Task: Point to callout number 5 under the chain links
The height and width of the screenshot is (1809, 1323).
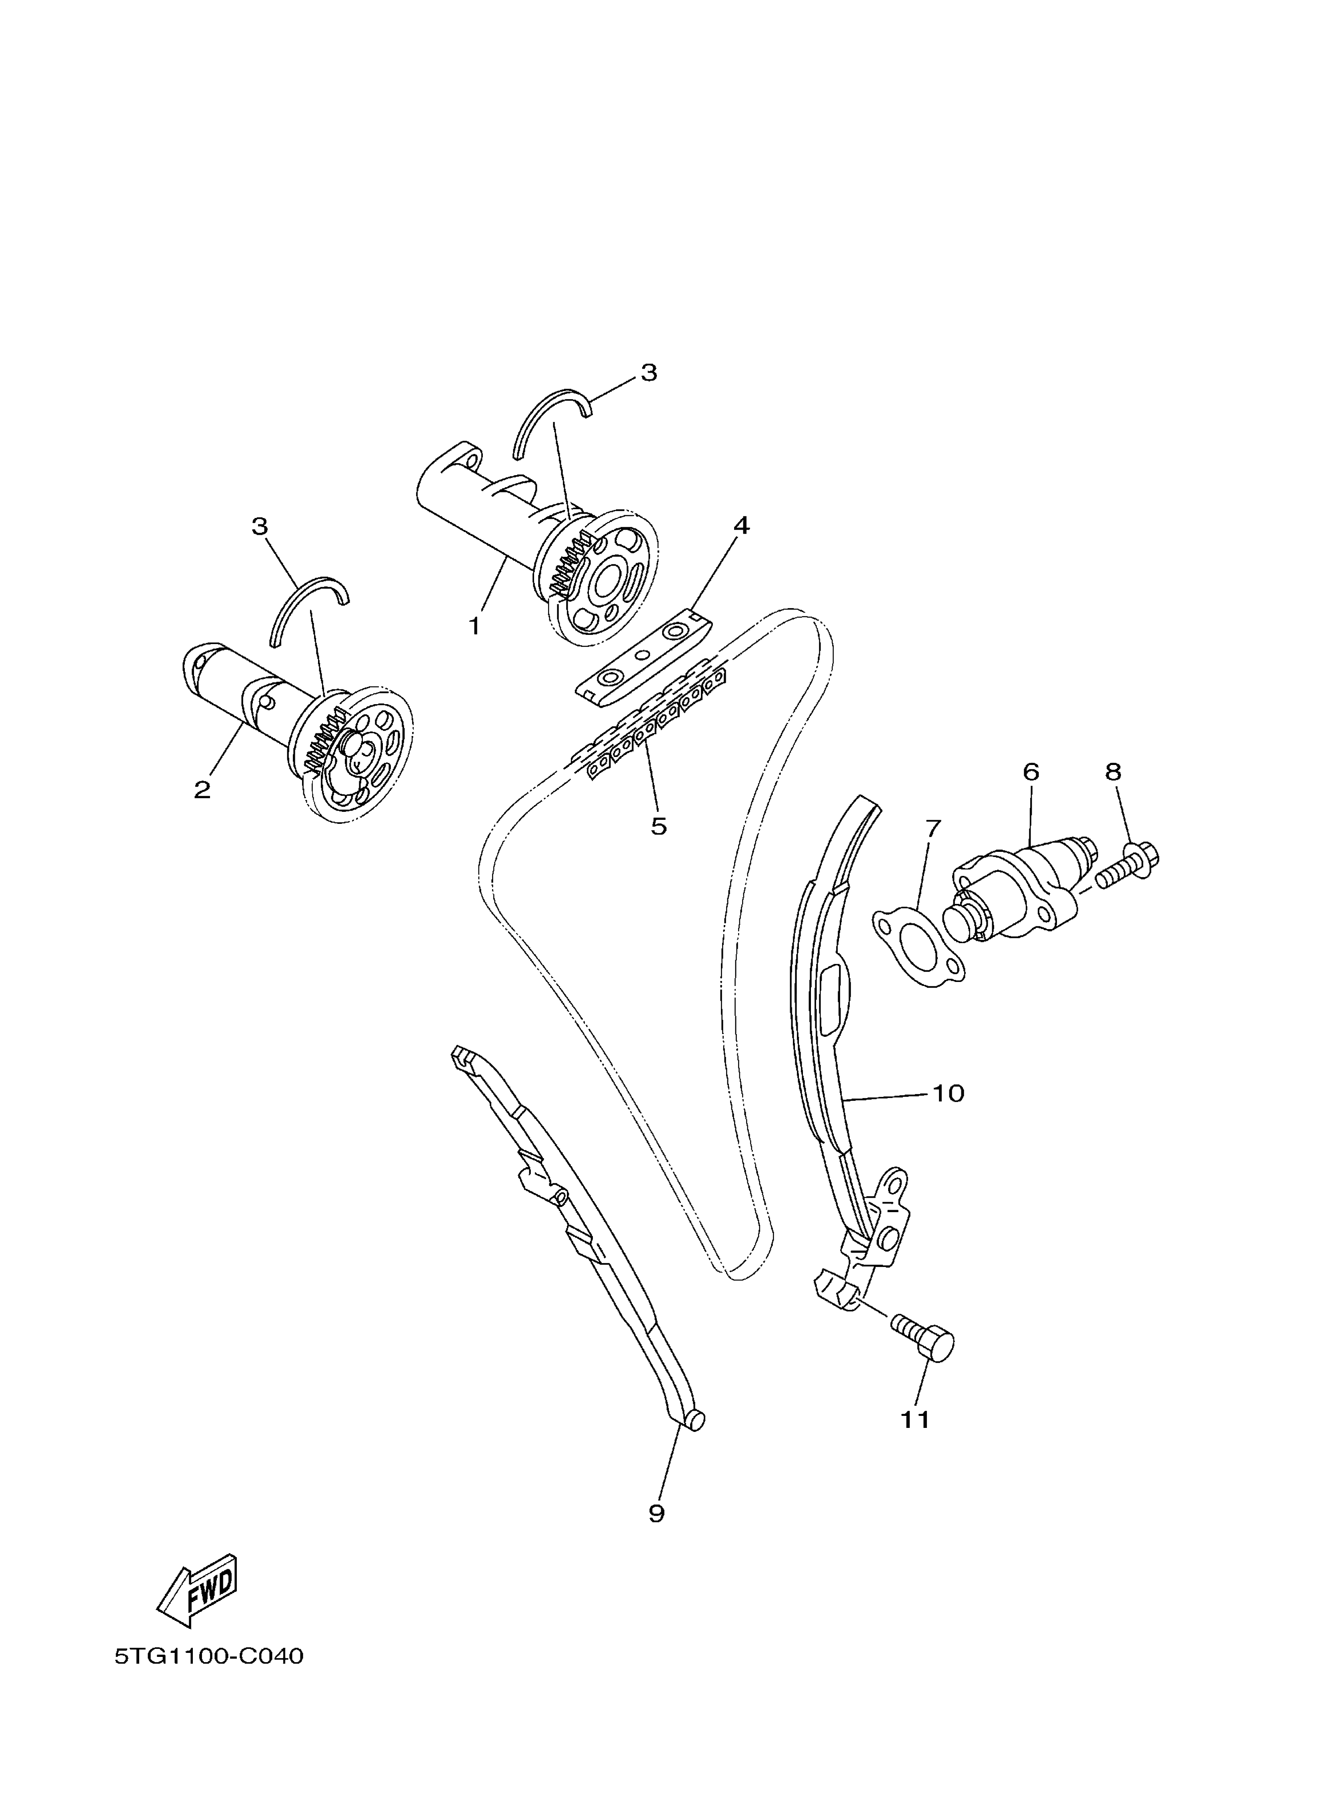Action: (x=658, y=826)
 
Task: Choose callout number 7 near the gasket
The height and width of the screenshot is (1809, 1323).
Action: (x=931, y=829)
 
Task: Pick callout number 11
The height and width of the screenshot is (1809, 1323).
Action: (x=915, y=1419)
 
